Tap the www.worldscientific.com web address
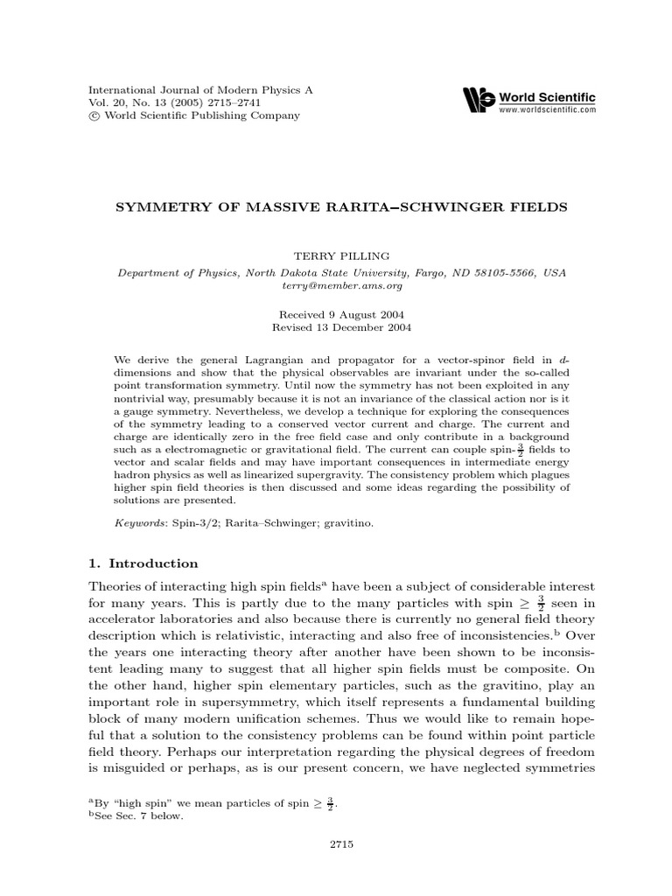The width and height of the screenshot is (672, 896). pos(547,110)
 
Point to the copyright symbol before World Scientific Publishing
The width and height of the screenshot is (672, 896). pos(95,115)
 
